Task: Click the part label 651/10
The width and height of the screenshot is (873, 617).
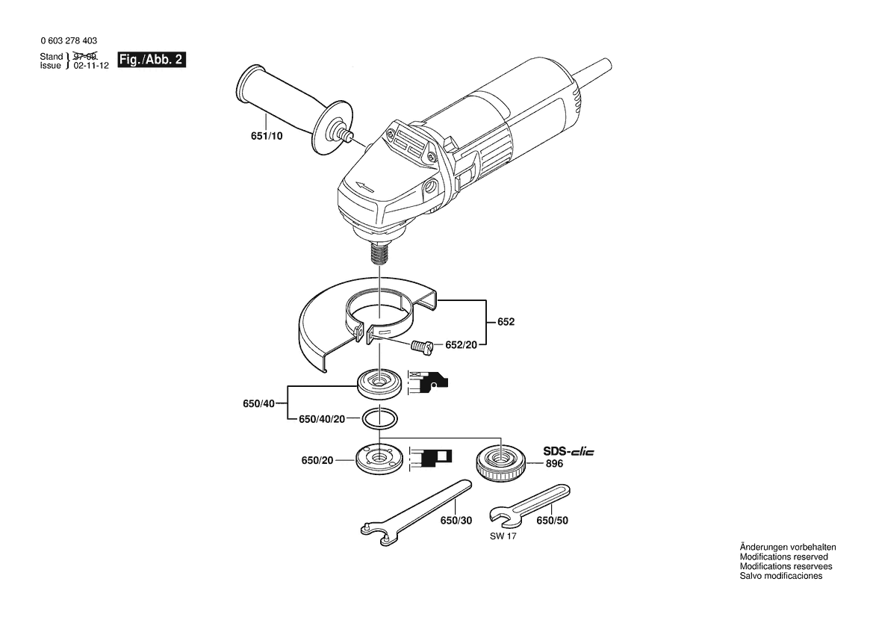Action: [x=267, y=136]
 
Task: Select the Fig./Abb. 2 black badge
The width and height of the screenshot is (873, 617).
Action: [x=152, y=60]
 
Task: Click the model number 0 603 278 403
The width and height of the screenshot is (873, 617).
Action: [x=69, y=40]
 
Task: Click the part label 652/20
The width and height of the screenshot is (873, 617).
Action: [x=461, y=345]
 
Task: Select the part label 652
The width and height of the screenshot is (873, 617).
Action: [x=506, y=322]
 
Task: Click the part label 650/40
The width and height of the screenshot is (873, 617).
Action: [x=259, y=403]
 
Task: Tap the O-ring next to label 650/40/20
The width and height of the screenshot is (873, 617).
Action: [x=379, y=419]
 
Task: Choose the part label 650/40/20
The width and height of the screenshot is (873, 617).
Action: [x=322, y=419]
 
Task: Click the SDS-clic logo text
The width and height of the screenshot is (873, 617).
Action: [x=568, y=451]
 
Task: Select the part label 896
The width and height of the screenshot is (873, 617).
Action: [x=554, y=464]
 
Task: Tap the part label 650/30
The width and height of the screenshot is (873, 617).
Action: [x=456, y=521]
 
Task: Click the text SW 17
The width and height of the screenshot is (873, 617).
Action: [x=503, y=537]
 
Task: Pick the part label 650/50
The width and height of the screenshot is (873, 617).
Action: [x=553, y=521]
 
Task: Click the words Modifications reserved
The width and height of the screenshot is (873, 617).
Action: [x=784, y=556]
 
